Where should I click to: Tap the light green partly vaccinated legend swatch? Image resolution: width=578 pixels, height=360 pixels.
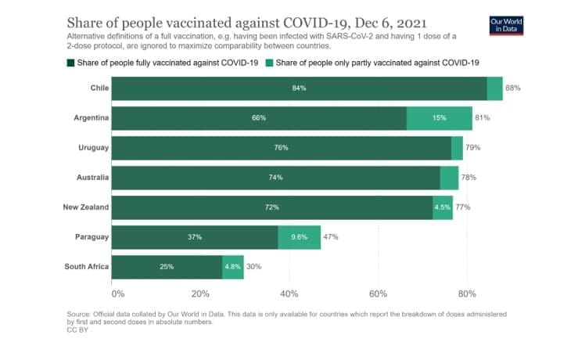270,62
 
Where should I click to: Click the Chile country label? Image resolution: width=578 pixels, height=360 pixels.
99,88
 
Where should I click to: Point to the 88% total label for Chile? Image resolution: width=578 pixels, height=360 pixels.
512,88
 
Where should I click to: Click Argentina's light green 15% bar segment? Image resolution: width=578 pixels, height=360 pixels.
440,118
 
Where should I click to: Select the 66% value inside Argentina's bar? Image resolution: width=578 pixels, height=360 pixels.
259,118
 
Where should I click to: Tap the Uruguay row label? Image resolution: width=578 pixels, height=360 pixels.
93,148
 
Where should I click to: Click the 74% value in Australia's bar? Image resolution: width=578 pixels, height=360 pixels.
275,178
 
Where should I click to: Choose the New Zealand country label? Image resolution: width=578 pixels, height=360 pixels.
86,207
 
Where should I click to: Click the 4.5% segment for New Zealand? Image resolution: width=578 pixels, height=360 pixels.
443,207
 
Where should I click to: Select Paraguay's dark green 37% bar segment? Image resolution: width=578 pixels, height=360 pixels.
195,236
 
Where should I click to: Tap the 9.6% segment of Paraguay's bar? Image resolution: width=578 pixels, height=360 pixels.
299,236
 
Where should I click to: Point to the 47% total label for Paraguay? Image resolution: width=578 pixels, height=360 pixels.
330,236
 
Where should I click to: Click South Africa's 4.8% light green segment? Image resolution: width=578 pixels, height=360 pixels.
233,266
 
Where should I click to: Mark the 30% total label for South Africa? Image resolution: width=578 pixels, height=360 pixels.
253,266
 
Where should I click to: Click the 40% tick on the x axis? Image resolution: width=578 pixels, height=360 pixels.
289,293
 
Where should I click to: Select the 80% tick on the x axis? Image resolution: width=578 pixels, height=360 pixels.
467,293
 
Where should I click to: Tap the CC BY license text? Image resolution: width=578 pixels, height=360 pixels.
77,330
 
